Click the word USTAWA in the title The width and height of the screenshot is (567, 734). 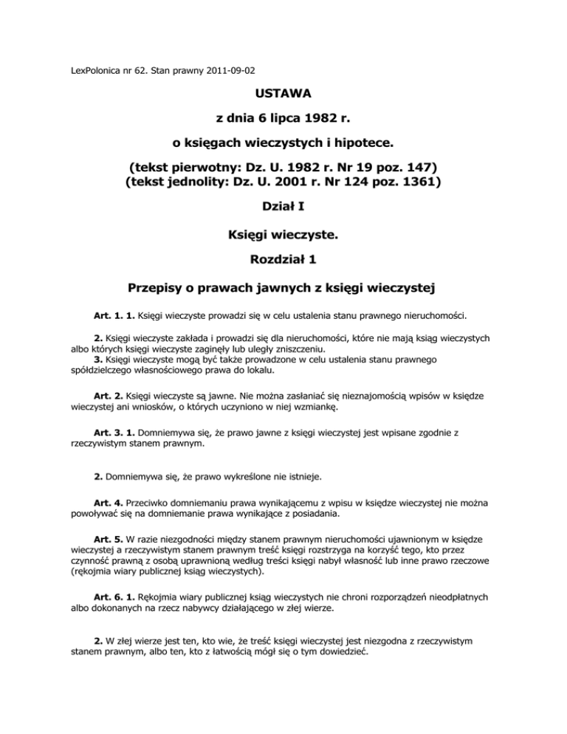coord(283,94)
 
